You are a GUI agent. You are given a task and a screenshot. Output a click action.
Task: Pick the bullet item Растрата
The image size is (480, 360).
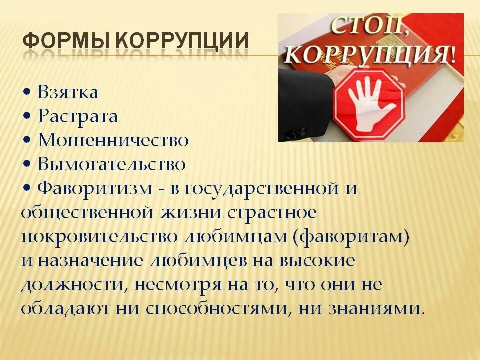[x=78, y=117]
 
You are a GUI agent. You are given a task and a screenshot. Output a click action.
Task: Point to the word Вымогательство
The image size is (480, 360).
[x=112, y=164]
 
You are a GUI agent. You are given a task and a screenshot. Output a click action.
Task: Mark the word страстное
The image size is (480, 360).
[x=272, y=212]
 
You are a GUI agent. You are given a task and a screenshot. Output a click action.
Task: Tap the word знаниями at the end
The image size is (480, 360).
[x=375, y=308]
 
